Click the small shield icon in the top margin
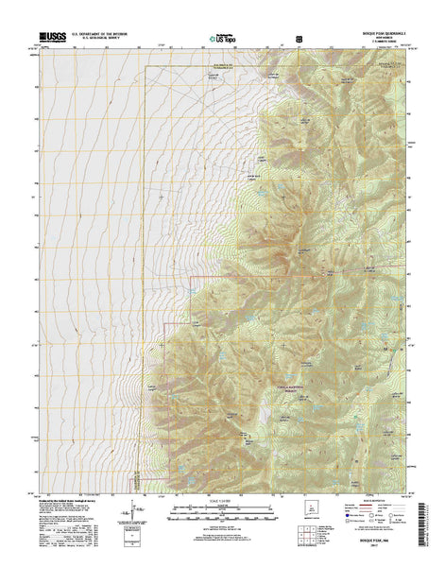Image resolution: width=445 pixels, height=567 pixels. [x=300, y=38]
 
